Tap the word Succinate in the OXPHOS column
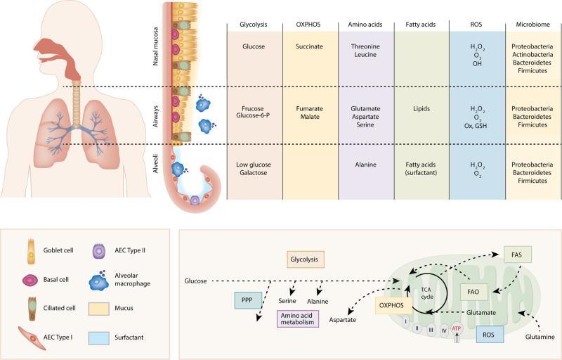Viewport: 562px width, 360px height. click(307, 50)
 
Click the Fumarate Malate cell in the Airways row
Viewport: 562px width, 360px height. click(307, 115)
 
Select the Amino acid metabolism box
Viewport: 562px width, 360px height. click(296, 319)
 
